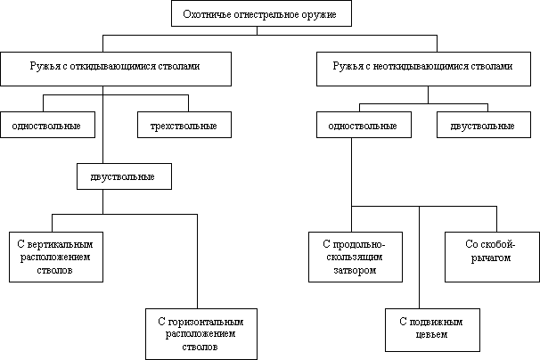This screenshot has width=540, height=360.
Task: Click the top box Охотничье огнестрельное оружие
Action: tap(260, 14)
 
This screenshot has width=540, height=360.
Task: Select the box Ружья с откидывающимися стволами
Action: tap(116, 67)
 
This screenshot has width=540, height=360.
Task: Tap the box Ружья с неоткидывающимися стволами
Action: tap(429, 67)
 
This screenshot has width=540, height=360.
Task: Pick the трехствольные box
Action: tap(184, 126)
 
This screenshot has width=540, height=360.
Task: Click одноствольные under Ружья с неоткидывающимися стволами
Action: tap(364, 126)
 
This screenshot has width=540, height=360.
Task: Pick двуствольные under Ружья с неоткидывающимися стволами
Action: tap(483, 126)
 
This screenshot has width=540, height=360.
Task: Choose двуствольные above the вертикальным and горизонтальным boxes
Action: tap(124, 176)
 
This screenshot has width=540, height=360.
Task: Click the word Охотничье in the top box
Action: tap(204, 14)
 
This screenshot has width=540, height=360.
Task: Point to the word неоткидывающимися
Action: tap(418, 67)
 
